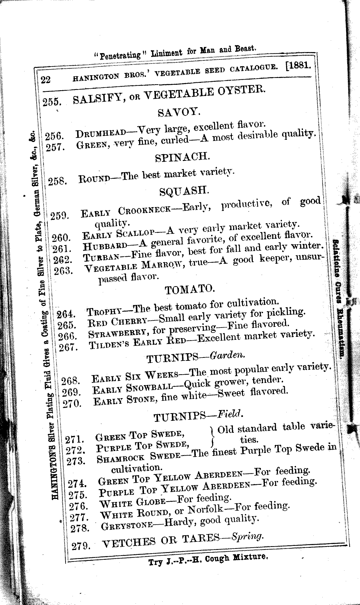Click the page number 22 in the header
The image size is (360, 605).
coord(46,80)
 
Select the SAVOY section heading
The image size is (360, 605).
coord(178,112)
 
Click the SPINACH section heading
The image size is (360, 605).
coord(182,157)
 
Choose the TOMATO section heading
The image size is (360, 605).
coord(190,289)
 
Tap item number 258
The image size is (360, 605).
coord(56,181)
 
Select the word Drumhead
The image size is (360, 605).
coord(101,134)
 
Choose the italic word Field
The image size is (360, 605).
coord(229,415)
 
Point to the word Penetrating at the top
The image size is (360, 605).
coord(120,55)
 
